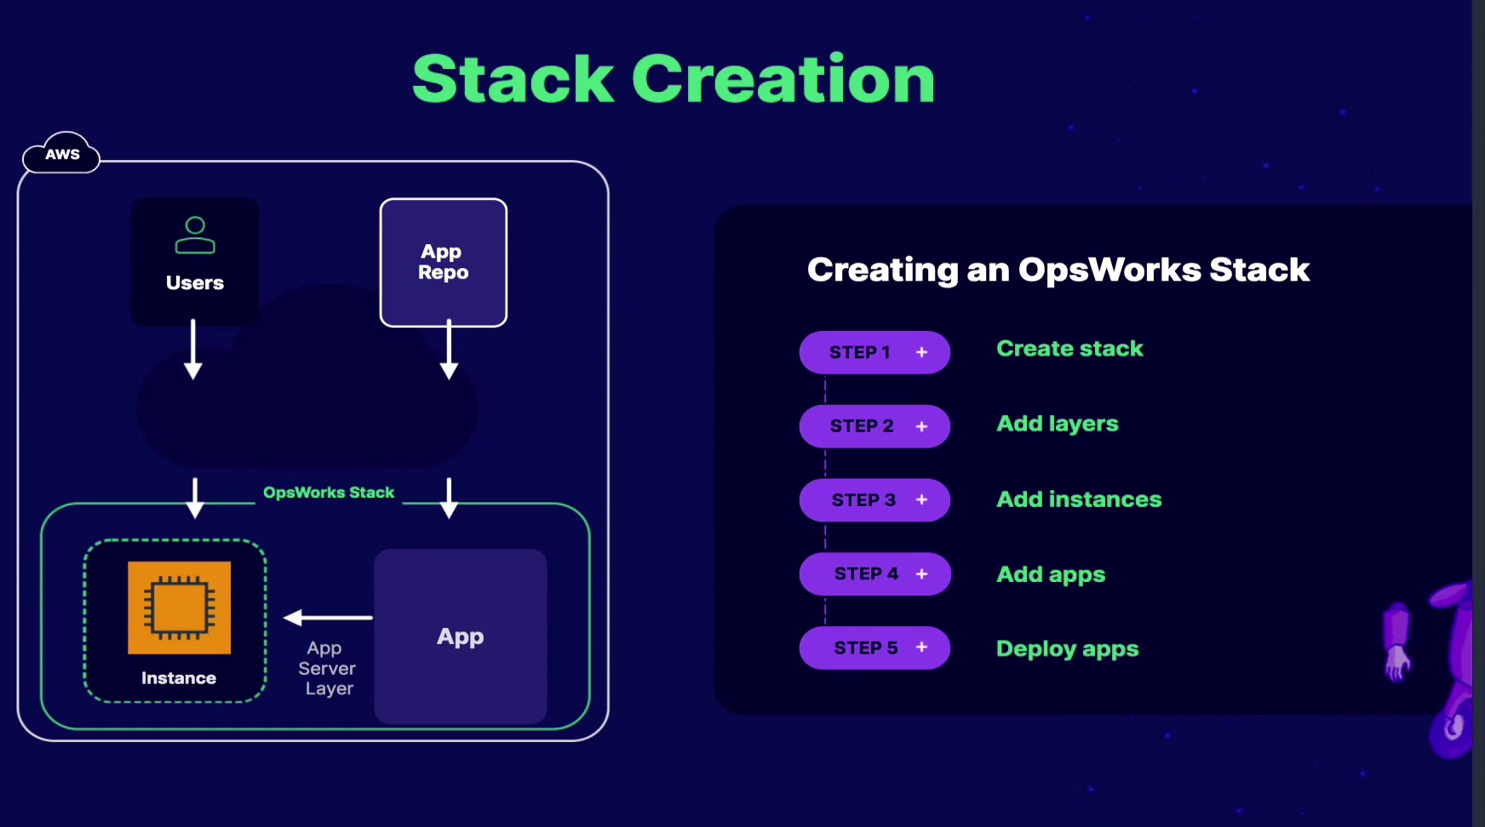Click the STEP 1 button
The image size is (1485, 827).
874,352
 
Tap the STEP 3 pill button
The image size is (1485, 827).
874,500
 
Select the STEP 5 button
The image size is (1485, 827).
874,648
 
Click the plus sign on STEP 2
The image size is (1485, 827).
921,426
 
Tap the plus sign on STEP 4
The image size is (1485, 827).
921,574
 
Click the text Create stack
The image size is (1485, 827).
1069,349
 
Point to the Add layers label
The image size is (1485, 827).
1058,424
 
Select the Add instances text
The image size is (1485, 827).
1079,499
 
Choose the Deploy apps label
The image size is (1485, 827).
1067,649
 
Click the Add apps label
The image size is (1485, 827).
1051,575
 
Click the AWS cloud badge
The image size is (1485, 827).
61,154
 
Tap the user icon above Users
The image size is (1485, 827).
195,236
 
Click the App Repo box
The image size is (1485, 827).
443,262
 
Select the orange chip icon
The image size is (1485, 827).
179,607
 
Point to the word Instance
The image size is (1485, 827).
179,678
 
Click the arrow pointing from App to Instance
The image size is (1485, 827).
328,618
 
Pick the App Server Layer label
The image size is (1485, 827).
328,669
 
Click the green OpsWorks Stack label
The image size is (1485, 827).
329,493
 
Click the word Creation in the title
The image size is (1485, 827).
783,79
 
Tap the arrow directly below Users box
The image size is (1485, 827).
193,349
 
